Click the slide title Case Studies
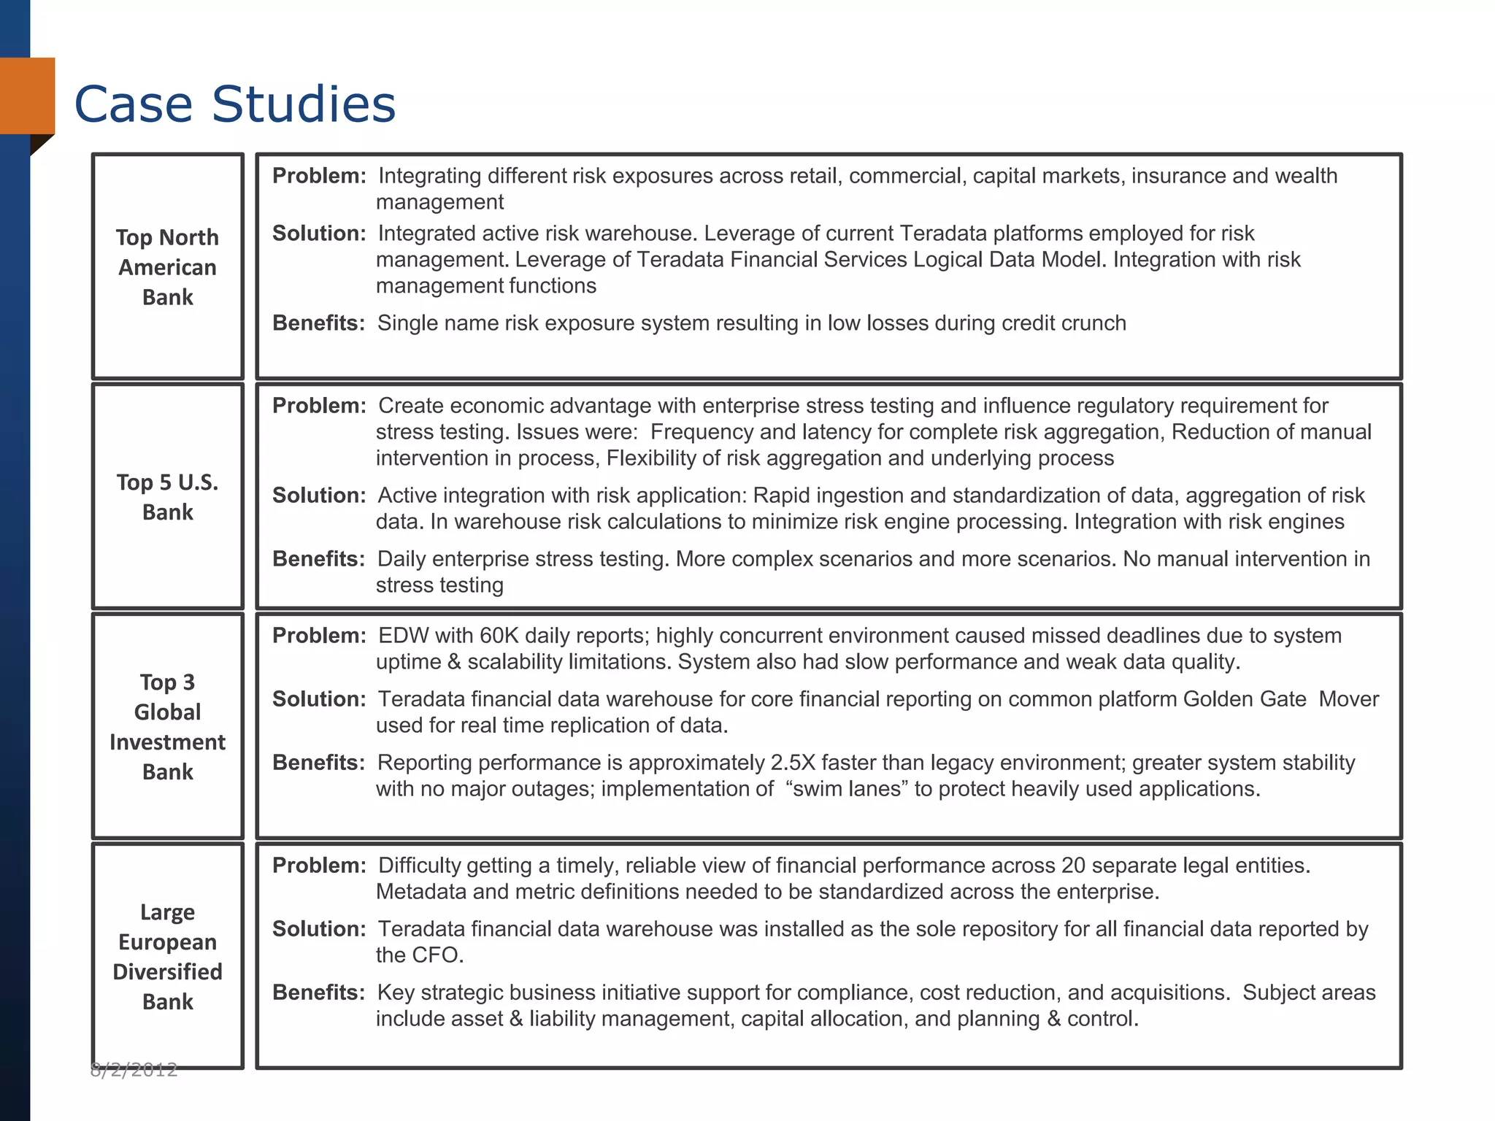click(234, 104)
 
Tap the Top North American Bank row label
click(167, 267)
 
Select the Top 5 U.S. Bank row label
click(167, 497)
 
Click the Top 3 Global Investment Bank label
click(167, 727)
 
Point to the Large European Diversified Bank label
click(167, 957)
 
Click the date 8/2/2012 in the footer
click(134, 1070)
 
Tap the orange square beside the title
click(28, 96)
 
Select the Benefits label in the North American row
click(318, 323)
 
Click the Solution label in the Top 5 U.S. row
click(319, 496)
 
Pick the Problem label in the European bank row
click(319, 866)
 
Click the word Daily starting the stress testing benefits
click(403, 559)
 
